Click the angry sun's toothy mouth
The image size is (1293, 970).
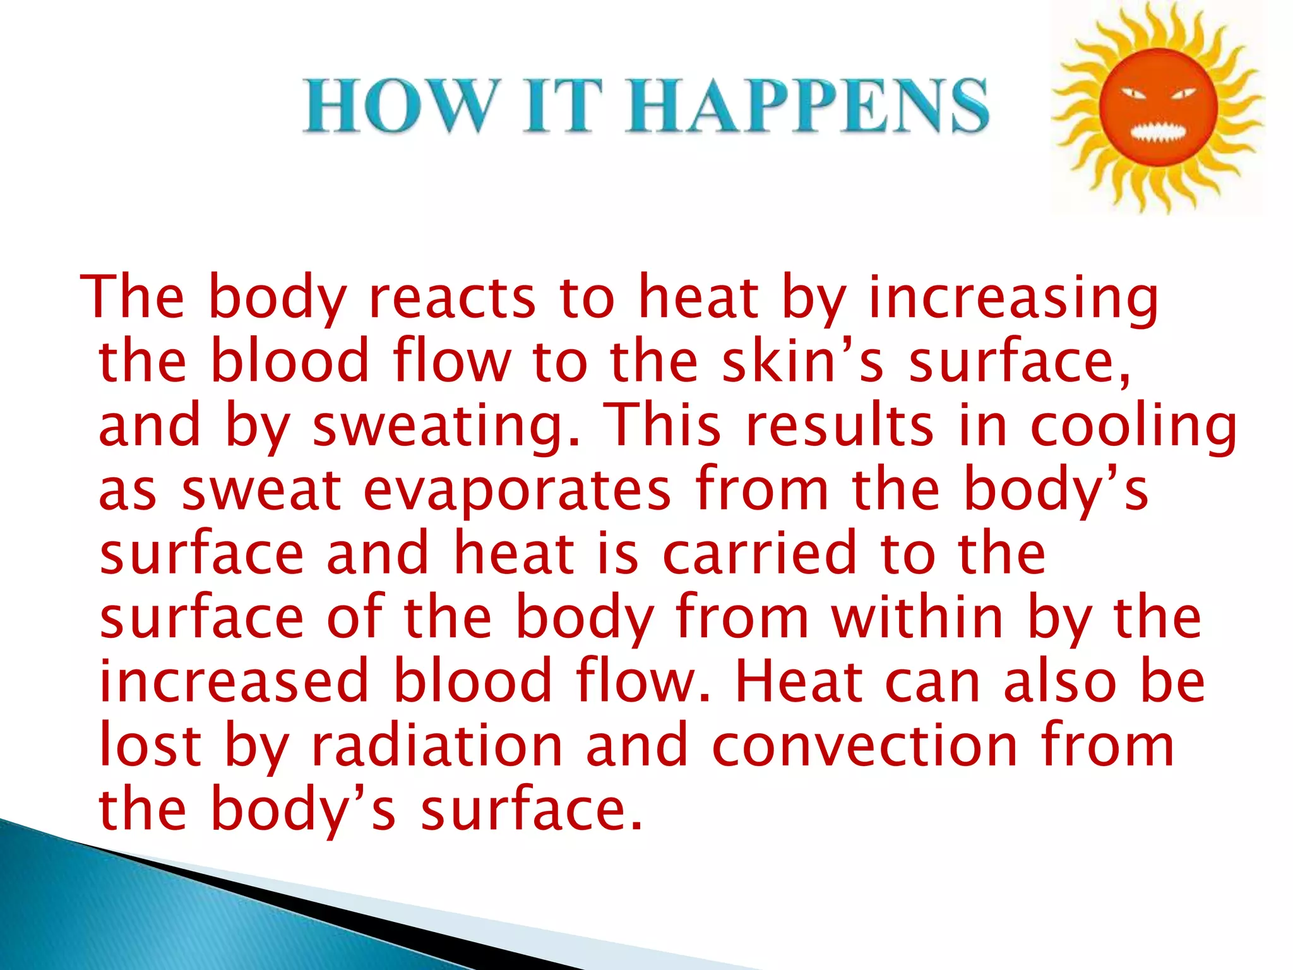(x=1159, y=134)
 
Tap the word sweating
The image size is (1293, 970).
(x=446, y=426)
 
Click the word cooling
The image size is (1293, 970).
(x=1134, y=426)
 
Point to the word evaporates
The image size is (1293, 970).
(x=517, y=489)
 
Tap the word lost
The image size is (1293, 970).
(x=150, y=746)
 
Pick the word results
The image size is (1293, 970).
(x=839, y=426)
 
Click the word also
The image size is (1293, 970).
(x=1061, y=681)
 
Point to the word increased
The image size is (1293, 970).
(x=234, y=681)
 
